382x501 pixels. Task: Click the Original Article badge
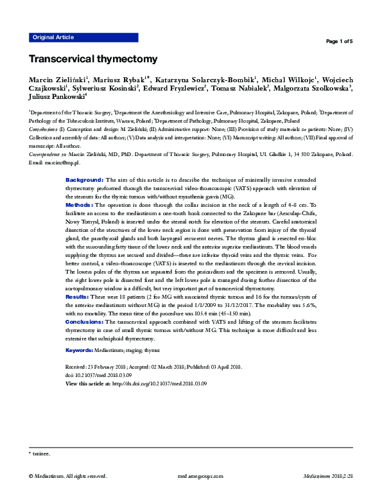(53, 37)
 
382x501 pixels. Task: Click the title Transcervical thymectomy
(92, 59)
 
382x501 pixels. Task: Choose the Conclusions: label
(85, 321)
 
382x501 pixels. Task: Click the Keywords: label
(82, 350)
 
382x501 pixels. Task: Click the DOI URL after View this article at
(159, 383)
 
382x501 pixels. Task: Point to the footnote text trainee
(40, 453)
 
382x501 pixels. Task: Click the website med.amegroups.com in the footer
(200, 477)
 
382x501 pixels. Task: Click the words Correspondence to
(47, 155)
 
